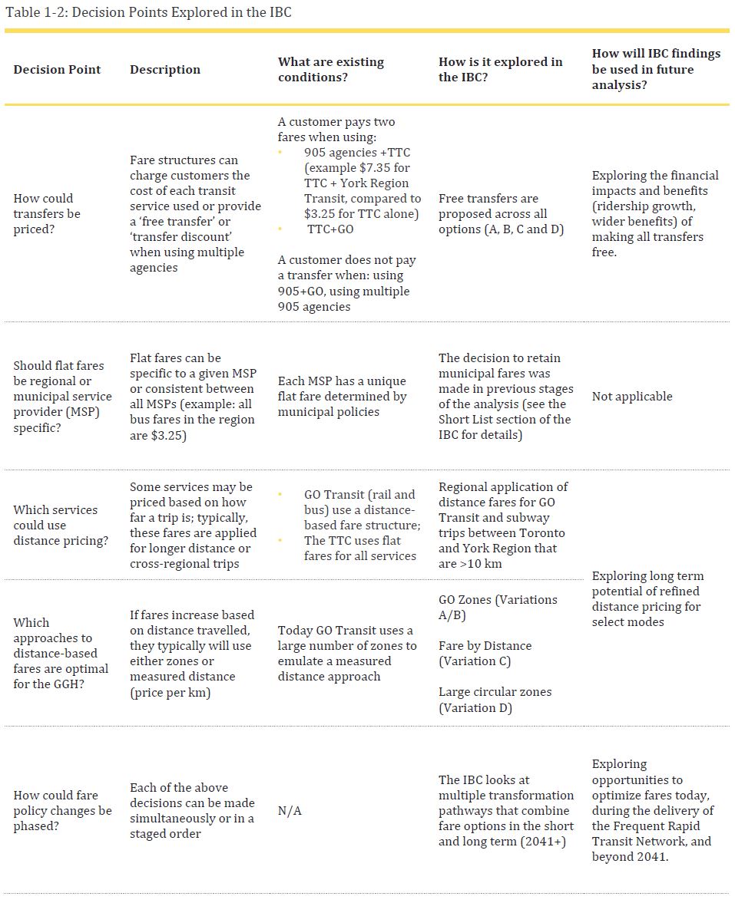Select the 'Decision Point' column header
57,70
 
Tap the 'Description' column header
164,70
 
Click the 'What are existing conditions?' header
331,70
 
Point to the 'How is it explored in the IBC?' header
500,70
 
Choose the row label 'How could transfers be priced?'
47,214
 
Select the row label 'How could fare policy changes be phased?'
62,811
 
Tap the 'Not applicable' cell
631,397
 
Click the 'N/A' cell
290,811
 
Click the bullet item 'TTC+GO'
330,229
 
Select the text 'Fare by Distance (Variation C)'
485,654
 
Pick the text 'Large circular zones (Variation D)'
495,700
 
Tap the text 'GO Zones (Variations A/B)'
498,607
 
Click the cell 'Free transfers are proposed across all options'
501,214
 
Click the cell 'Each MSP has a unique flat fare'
342,397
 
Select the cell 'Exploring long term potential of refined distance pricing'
647,599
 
